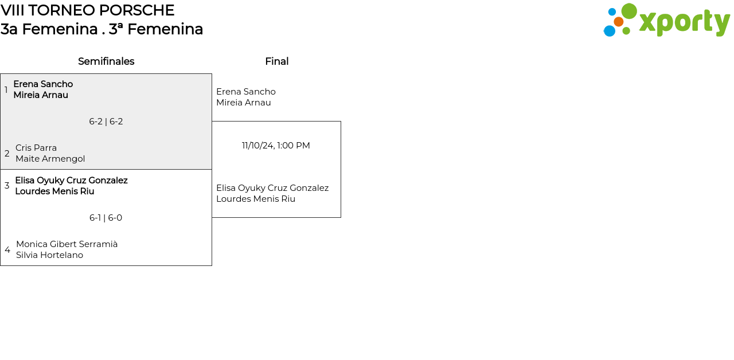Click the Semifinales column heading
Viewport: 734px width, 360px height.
[x=106, y=61]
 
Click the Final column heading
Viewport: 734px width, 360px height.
[x=277, y=61]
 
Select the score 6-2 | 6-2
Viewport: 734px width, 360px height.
[x=106, y=122]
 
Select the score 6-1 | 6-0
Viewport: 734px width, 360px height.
[x=106, y=218]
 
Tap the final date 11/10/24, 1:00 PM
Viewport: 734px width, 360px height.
[x=276, y=146]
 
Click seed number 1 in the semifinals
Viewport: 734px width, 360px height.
[x=6, y=90]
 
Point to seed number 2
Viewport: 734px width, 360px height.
[x=7, y=153]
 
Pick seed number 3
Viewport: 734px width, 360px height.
[x=7, y=186]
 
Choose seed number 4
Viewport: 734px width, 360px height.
[x=7, y=250]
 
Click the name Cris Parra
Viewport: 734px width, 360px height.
[x=36, y=148]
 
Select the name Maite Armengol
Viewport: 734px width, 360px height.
[x=50, y=159]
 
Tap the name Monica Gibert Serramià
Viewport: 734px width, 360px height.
[x=67, y=244]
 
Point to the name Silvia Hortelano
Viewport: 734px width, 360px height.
[x=49, y=255]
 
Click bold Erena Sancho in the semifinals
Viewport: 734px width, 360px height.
[x=43, y=84]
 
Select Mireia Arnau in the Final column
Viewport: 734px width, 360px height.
[x=244, y=103]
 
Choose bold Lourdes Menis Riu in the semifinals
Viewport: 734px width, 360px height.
[x=54, y=191]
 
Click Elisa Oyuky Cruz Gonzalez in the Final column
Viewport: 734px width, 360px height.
[x=272, y=188]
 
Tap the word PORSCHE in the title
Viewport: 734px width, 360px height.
[x=136, y=10]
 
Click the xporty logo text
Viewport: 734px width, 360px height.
[x=685, y=22]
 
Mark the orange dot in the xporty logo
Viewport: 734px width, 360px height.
[x=618, y=22]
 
